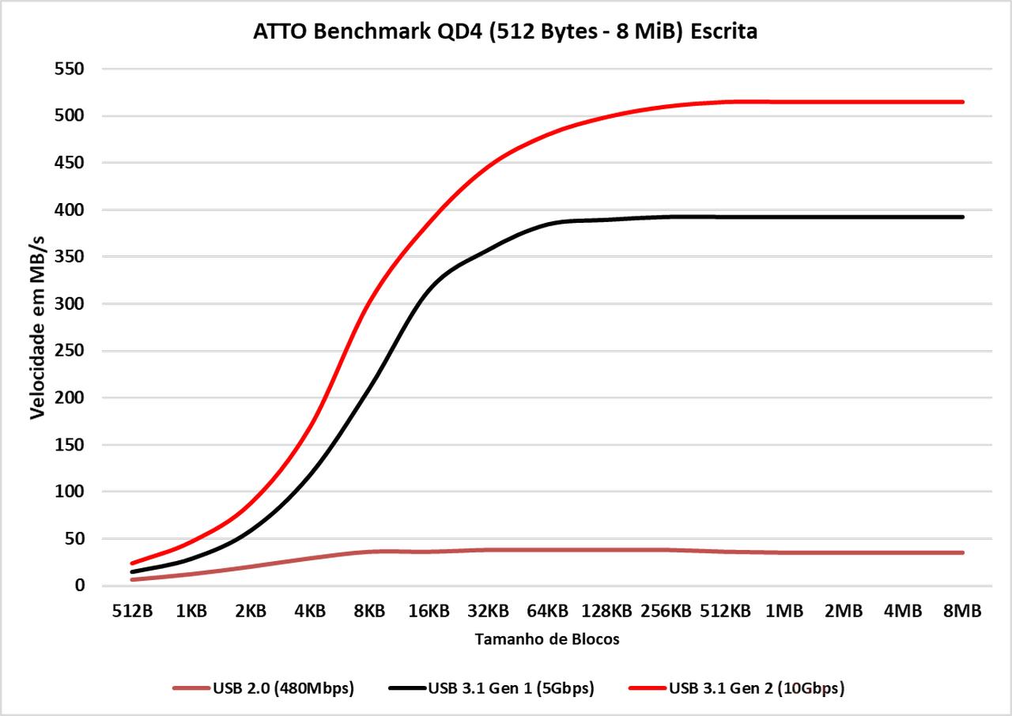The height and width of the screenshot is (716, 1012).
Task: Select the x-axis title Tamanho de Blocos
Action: coord(547,639)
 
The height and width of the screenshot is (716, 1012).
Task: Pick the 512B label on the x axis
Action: coord(132,611)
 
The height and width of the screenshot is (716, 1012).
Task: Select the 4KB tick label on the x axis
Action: coord(310,611)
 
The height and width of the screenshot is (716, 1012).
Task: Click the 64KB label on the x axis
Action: coord(547,611)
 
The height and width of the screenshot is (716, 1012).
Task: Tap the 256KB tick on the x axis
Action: coord(666,611)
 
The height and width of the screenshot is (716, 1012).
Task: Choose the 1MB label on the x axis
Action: coord(784,611)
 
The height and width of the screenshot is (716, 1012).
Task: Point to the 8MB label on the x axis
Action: coord(962,611)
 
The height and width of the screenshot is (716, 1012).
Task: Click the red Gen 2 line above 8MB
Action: coord(962,102)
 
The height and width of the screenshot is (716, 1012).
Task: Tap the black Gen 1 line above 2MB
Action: coord(844,217)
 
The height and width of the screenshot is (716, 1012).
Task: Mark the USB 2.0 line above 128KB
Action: coord(606,550)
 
